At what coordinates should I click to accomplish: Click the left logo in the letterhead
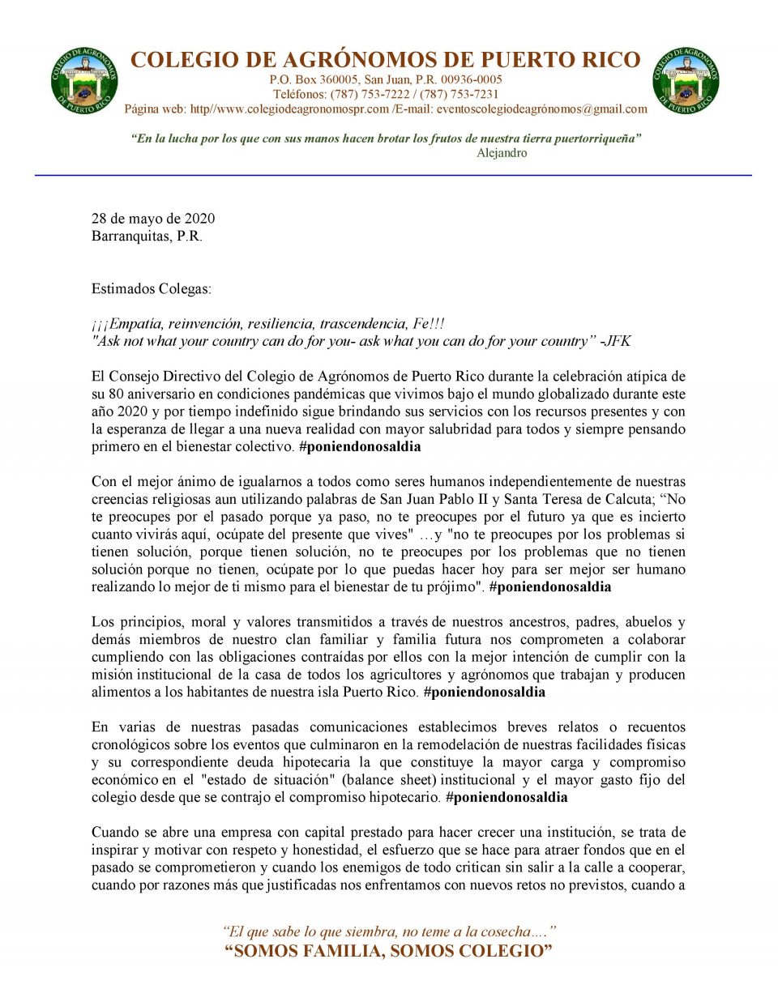(84, 80)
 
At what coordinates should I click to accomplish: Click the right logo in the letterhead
(686, 80)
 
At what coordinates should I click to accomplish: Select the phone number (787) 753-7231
(459, 94)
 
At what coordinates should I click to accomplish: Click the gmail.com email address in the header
(541, 109)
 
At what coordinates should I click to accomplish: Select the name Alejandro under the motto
(502, 153)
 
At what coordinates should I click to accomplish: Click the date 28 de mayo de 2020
(153, 219)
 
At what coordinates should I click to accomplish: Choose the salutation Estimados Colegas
(151, 289)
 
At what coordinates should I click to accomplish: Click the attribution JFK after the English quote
(618, 341)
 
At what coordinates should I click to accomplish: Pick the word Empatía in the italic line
(136, 324)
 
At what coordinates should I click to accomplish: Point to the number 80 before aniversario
(114, 394)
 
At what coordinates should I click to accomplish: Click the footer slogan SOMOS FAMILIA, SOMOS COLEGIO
(388, 951)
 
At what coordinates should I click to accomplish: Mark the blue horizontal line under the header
(393, 175)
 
